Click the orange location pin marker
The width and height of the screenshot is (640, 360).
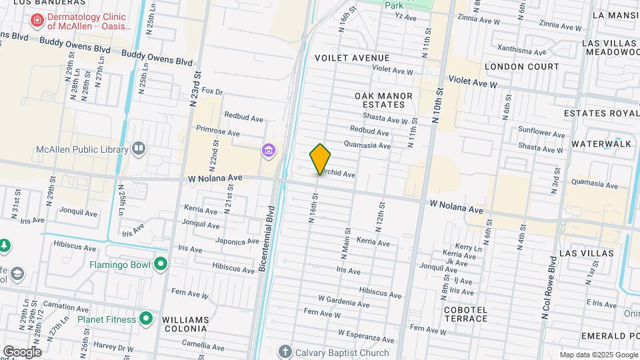tap(321, 159)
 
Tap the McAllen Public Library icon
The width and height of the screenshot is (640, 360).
tap(139, 148)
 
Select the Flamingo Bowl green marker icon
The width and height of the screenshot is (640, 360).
tap(160, 265)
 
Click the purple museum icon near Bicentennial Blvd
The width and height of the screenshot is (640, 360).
tap(268, 151)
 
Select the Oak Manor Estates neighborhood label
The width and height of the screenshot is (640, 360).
tap(384, 100)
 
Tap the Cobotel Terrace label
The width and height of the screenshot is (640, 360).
tap(466, 314)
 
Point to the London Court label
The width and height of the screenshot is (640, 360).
tap(522, 67)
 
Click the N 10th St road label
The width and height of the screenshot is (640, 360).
tap(437, 106)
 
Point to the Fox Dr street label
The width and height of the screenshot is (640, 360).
tap(211, 91)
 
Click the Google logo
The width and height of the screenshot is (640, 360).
tap(22, 352)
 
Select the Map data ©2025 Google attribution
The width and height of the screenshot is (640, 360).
tap(598, 355)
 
